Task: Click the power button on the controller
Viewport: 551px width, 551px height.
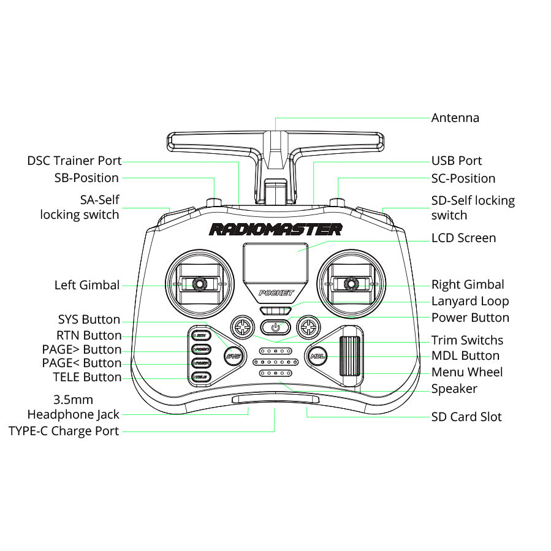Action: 275,327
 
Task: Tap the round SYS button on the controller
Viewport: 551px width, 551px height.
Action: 233,355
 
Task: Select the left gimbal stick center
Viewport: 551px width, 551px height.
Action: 199,284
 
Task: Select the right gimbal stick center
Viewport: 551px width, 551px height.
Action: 351,284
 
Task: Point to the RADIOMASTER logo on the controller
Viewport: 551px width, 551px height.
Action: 275,230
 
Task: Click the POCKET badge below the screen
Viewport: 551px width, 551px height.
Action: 275,293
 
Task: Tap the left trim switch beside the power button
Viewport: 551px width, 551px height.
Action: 242,327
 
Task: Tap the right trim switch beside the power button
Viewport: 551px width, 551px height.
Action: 308,327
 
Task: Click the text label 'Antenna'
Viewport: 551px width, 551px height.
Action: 455,118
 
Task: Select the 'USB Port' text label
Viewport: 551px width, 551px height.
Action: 457,161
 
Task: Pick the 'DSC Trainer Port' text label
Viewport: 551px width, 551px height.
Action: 74,161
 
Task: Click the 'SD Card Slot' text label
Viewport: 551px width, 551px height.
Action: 466,417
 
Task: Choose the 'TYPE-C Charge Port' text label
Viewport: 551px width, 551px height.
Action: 64,431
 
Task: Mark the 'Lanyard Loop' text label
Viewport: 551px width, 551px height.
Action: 470,301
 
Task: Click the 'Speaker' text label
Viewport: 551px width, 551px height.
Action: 454,389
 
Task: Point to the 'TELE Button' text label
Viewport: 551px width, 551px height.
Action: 87,377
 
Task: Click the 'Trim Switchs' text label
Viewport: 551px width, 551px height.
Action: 467,340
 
